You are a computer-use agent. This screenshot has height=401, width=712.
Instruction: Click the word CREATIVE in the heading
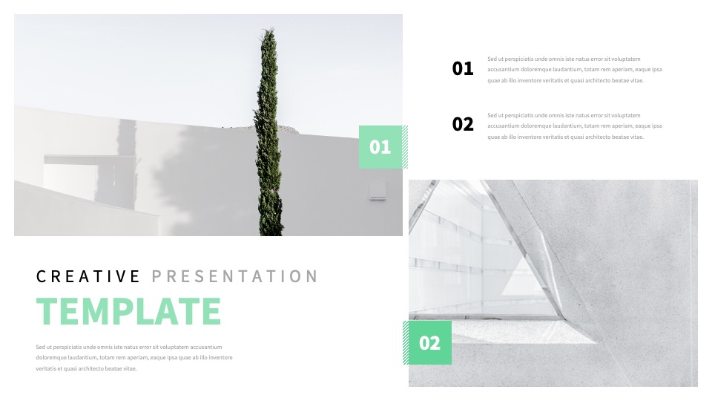88,276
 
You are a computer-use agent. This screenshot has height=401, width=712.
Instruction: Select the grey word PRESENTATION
234,276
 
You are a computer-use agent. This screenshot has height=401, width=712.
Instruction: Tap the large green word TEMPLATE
128,311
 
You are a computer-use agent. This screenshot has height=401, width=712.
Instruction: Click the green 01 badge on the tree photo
380,147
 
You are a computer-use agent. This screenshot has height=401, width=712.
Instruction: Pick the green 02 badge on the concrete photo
430,343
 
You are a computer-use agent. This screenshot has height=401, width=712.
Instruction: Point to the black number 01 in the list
463,68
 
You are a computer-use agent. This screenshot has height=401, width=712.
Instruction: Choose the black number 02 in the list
463,124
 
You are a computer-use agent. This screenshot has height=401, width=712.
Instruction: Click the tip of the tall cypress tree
268,29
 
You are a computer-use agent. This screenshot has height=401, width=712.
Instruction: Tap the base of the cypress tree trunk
271,232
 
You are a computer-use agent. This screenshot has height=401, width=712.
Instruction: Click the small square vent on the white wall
378,189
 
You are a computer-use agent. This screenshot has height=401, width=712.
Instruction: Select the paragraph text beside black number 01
574,70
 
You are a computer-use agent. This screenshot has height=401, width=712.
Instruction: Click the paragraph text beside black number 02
574,126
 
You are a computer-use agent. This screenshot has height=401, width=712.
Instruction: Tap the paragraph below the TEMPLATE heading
134,358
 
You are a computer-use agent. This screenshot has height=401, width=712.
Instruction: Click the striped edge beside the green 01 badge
405,147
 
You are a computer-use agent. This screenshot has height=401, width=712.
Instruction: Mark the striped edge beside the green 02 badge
406,343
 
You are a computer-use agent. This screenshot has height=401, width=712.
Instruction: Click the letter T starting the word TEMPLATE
45,311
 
